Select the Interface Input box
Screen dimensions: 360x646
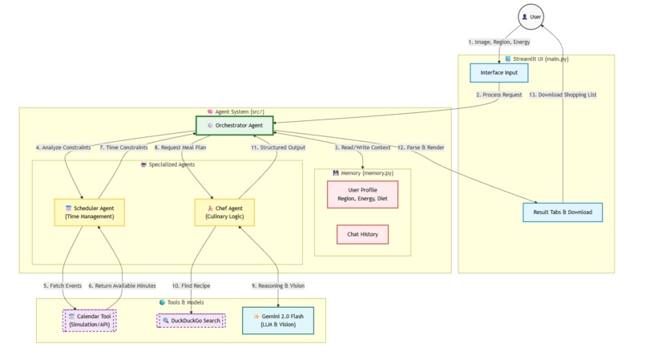pyautogui.click(x=499, y=73)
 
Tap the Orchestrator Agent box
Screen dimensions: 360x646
pyautogui.click(x=235, y=125)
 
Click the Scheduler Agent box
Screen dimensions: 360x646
pyautogui.click(x=90, y=212)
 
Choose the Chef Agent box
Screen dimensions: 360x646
pyautogui.click(x=224, y=212)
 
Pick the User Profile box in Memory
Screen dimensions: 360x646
pyautogui.click(x=362, y=194)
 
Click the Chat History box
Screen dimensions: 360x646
pyautogui.click(x=362, y=234)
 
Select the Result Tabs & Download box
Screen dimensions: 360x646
pyautogui.click(x=562, y=212)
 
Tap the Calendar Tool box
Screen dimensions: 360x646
pyautogui.click(x=90, y=321)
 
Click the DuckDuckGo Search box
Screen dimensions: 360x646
pyautogui.click(x=191, y=321)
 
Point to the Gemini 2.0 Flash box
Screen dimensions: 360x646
pyautogui.click(x=278, y=321)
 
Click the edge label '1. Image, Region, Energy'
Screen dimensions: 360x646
pyautogui.click(x=499, y=42)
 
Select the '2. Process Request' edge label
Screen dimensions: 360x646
pyautogui.click(x=499, y=95)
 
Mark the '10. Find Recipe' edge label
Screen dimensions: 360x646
pyautogui.click(x=191, y=285)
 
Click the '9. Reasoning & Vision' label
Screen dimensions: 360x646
pyautogui.click(x=278, y=285)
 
